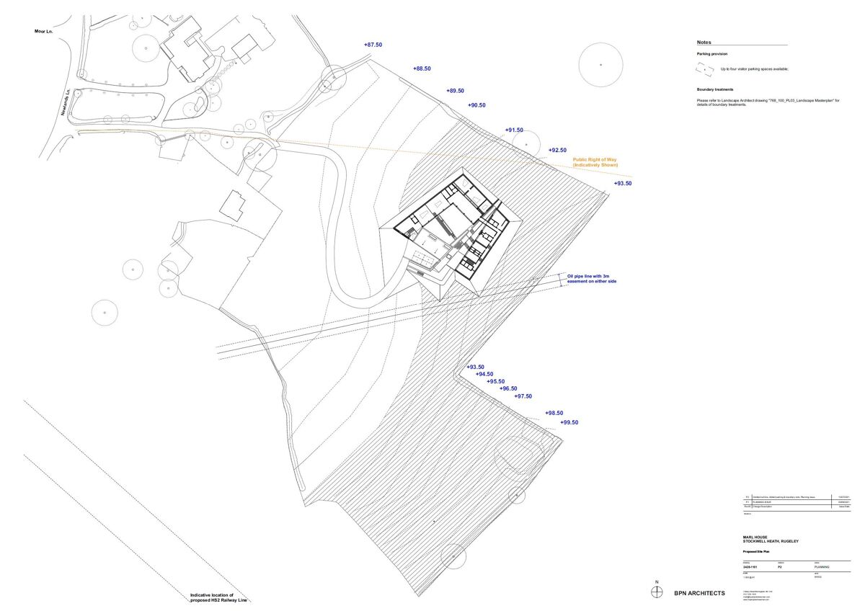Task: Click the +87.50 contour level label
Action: (373, 45)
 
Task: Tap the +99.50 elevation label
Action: (569, 423)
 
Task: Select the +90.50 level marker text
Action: (477, 105)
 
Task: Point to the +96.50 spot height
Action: (509, 388)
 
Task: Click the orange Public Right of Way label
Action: (595, 163)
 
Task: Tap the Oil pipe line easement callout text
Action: (592, 279)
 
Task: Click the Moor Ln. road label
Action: (45, 31)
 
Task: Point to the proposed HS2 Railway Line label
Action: (217, 597)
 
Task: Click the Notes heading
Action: (704, 43)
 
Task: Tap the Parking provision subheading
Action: (711, 54)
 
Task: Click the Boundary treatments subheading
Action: (715, 89)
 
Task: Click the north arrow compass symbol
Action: (656, 592)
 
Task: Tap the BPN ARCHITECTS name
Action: (699, 593)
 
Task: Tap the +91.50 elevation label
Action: (515, 130)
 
